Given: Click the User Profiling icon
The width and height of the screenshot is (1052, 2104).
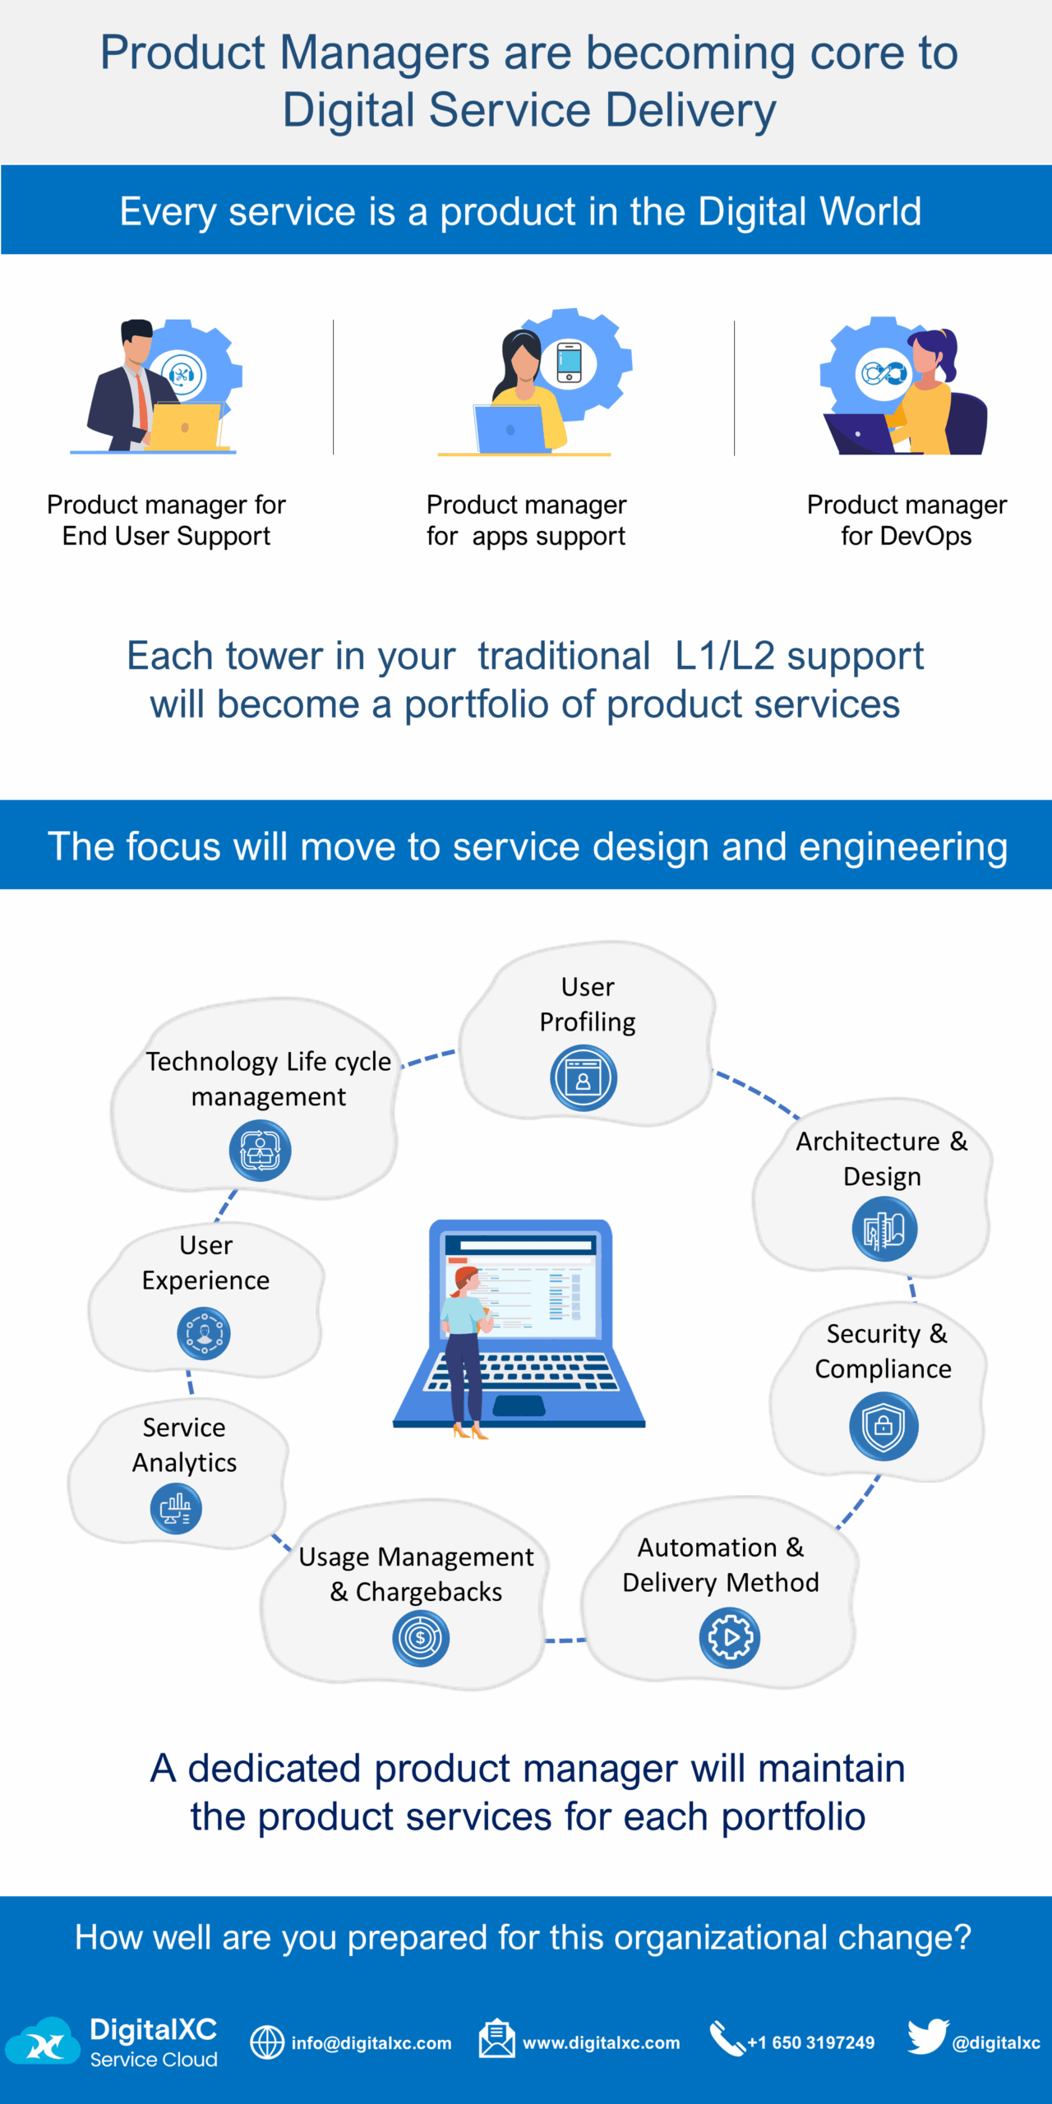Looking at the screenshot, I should tap(584, 1078).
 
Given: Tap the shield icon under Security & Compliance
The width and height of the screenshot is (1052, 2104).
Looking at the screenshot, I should tap(884, 1426).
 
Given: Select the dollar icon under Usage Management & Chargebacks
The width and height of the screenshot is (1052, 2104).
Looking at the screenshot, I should tap(421, 1638).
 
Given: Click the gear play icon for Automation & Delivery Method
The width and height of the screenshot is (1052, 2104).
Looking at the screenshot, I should tap(730, 1637).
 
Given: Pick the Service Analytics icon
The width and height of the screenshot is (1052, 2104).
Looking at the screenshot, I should tap(176, 1509).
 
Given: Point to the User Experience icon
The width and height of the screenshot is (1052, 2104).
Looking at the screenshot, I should tap(204, 1333).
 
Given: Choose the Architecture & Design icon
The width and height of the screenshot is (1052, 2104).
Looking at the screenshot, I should tap(884, 1230).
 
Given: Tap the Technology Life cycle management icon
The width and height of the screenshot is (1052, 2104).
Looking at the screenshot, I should tap(260, 1151).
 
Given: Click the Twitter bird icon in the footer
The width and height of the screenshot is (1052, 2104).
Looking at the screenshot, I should tap(928, 2037).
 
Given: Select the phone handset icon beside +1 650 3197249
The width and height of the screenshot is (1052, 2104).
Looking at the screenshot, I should tap(727, 2038).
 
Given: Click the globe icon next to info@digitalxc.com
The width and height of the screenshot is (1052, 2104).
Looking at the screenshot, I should tap(267, 2042).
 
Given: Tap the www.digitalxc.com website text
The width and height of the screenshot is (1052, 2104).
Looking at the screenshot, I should tap(601, 2043).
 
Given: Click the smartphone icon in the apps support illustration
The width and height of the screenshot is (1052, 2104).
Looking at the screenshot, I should tap(569, 362).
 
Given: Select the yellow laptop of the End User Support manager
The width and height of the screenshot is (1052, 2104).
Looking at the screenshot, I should tap(186, 426).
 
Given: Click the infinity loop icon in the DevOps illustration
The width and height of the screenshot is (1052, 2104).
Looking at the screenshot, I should tap(884, 374).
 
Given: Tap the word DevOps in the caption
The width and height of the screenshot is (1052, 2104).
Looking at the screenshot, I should tap(925, 536).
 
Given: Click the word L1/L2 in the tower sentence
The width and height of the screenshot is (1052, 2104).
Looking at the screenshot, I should tap(724, 656).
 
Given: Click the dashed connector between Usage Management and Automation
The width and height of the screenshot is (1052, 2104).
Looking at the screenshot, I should tap(565, 1640).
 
